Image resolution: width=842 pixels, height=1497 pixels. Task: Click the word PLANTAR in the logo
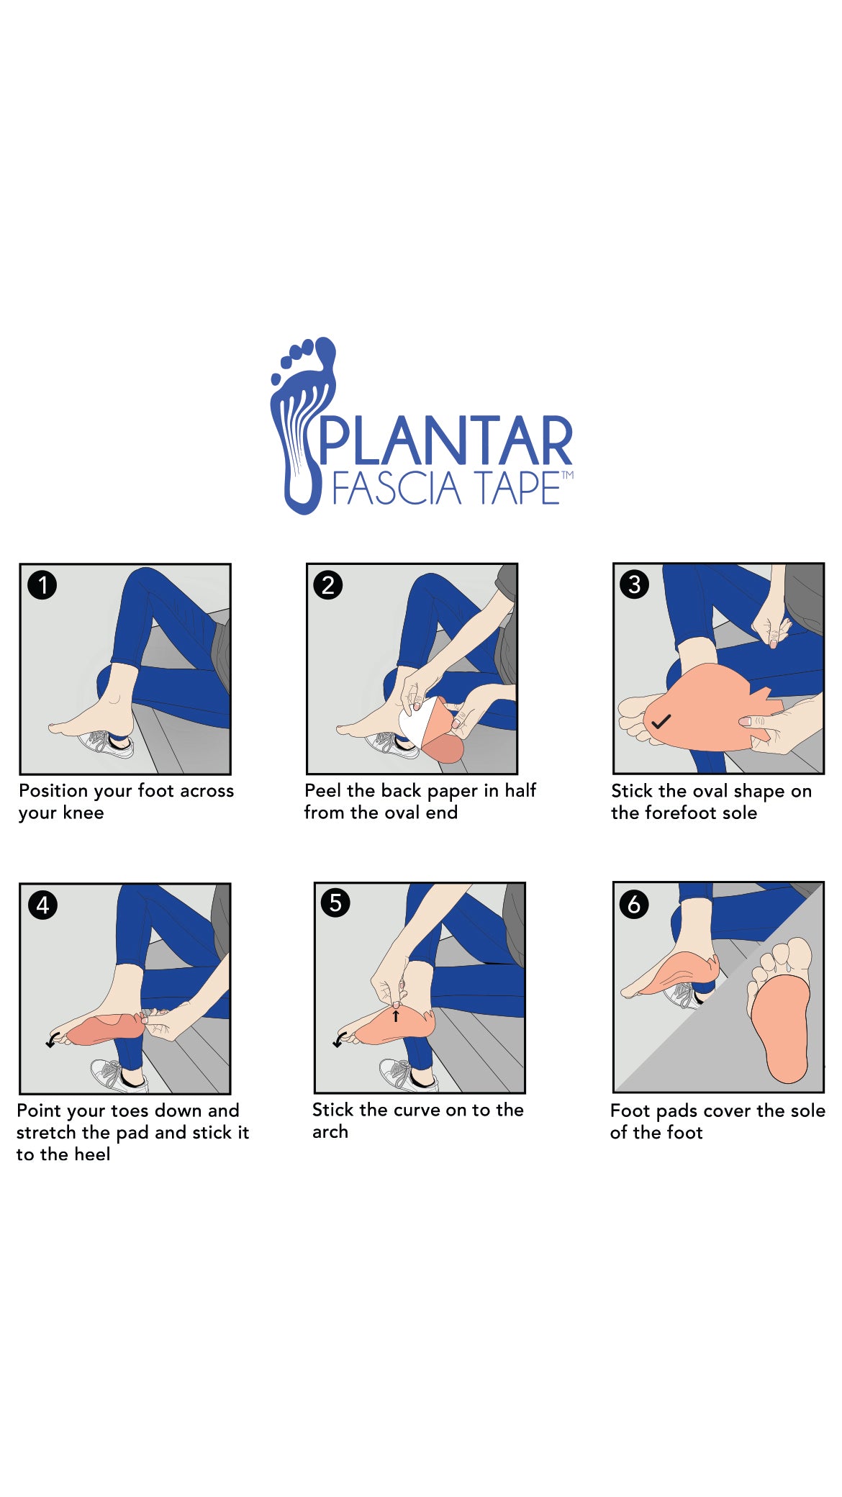[x=445, y=440]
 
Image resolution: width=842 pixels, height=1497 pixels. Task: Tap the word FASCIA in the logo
[x=397, y=489]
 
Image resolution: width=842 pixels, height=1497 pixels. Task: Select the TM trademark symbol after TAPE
[x=567, y=475]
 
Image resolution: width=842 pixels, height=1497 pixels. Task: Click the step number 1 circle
[x=42, y=584]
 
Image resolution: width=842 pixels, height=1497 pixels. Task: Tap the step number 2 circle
[x=328, y=584]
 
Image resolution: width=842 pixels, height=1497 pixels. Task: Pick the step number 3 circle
[x=634, y=584]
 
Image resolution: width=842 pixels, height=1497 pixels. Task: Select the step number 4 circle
[x=42, y=905]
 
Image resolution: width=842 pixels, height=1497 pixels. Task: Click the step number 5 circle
[x=335, y=903]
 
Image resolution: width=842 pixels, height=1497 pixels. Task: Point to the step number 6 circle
[x=633, y=904]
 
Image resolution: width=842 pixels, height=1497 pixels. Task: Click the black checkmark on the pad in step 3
[x=661, y=720]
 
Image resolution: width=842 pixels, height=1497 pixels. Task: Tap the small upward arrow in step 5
[x=395, y=1016]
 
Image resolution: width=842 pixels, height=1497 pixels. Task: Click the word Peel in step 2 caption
[x=323, y=790]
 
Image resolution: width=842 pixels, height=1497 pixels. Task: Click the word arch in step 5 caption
[x=330, y=1131]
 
